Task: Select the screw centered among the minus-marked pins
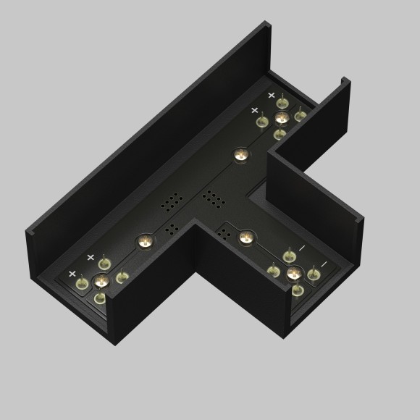(x=294, y=273)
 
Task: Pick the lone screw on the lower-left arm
(x=143, y=241)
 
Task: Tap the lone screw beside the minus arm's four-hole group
(x=246, y=236)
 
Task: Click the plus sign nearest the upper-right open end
(x=272, y=95)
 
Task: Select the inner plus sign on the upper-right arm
(x=254, y=110)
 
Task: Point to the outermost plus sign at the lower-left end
(x=72, y=274)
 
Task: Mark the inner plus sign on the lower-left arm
(x=91, y=257)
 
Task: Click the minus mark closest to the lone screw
(x=302, y=248)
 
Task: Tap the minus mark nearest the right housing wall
(x=323, y=264)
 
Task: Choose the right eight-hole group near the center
(x=212, y=197)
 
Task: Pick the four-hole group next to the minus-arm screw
(x=224, y=235)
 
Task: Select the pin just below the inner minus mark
(x=273, y=271)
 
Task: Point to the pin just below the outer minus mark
(x=314, y=274)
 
